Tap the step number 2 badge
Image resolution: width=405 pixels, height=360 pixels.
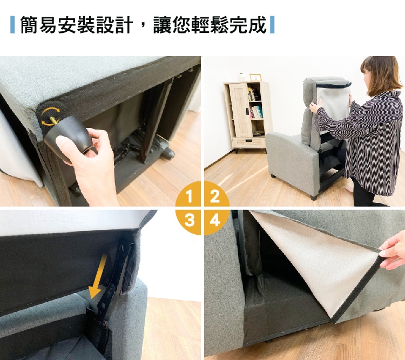tap(215, 196)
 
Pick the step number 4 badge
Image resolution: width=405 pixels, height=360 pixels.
tap(214, 221)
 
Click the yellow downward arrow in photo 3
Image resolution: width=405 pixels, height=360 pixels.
tap(98, 276)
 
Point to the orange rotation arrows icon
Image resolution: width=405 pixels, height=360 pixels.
tap(51, 117)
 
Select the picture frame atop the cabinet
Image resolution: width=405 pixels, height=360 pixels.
tap(255, 77)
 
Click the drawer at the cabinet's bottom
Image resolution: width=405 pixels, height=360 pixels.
tap(249, 142)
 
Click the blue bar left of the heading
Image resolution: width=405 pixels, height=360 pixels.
tap(12, 25)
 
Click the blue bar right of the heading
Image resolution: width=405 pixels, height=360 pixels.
tap(272, 25)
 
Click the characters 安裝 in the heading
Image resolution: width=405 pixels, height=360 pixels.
tap(77, 25)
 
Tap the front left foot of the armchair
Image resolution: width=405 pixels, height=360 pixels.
tap(273, 176)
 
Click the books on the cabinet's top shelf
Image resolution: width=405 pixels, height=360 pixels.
tap(254, 94)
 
